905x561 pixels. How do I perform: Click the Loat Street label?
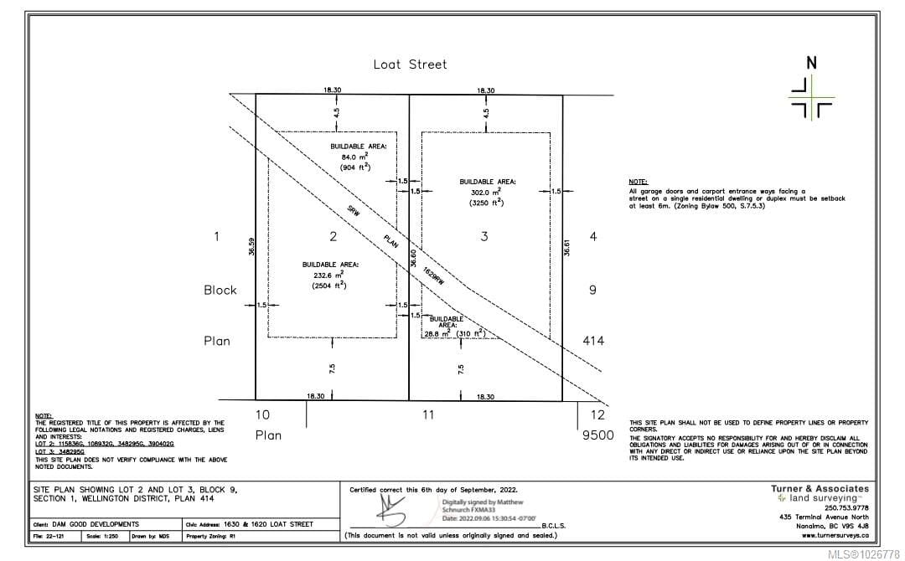pos(410,64)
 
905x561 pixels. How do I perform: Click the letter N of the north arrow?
pos(810,63)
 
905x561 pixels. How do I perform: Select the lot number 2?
pos(333,237)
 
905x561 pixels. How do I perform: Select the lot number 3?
pos(484,237)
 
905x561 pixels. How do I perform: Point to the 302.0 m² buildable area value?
pos(487,193)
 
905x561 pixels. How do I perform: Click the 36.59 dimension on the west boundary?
pos(250,245)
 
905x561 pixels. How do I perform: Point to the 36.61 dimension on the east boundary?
pos(567,247)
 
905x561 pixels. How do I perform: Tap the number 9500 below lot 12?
pos(597,435)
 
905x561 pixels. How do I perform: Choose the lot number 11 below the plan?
pos(427,414)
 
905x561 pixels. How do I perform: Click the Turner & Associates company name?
pos(819,488)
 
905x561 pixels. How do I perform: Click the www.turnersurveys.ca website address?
pos(835,535)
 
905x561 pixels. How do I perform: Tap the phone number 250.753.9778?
pos(846,507)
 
